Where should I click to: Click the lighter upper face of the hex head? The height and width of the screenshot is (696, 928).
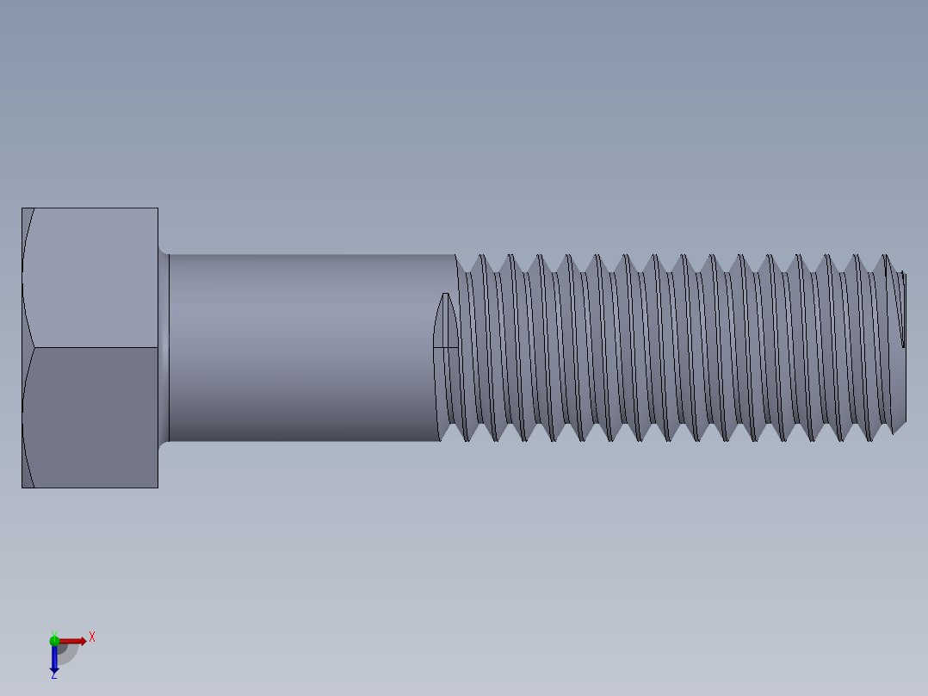tap(90, 277)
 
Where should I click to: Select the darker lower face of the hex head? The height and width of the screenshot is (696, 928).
tap(90, 418)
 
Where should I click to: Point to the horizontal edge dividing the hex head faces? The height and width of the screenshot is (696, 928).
tap(95, 348)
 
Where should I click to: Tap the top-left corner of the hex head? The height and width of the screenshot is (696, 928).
tap(22, 208)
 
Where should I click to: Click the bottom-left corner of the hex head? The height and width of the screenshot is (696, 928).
tap(22, 488)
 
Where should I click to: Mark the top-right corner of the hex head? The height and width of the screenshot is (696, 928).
tap(158, 208)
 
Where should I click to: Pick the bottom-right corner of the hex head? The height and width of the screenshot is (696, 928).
tap(158, 488)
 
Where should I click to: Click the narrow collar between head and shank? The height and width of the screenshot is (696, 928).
tap(164, 348)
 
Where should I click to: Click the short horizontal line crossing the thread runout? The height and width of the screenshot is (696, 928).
tap(445, 348)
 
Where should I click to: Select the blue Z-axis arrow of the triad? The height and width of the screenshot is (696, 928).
tap(54, 658)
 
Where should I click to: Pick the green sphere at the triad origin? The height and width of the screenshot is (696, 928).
tap(54, 640)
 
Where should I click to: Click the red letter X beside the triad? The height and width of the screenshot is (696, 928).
tap(91, 637)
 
